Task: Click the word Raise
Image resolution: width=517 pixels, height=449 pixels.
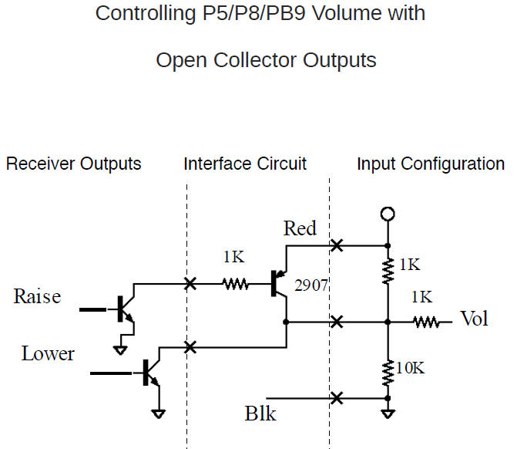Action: click(37, 297)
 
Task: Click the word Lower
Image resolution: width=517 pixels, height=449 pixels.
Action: click(48, 353)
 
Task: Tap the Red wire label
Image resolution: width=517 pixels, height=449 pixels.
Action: click(300, 228)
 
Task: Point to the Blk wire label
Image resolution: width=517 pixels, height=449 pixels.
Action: click(260, 414)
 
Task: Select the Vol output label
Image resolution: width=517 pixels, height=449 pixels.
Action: click(474, 319)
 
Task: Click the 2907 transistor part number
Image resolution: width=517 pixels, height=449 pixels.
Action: click(312, 285)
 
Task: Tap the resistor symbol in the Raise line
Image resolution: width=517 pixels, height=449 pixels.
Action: click(236, 285)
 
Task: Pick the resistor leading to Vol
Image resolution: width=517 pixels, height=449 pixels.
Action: click(425, 321)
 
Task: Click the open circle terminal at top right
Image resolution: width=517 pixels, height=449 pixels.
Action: click(388, 214)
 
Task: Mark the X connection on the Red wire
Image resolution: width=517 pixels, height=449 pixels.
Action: click(336, 246)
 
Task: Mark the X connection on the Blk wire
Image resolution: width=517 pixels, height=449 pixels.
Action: click(336, 398)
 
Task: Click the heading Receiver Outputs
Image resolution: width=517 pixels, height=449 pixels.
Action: click(73, 164)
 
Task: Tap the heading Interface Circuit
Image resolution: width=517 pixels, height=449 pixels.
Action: click(245, 164)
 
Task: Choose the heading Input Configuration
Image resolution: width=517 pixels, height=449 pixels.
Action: click(430, 164)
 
